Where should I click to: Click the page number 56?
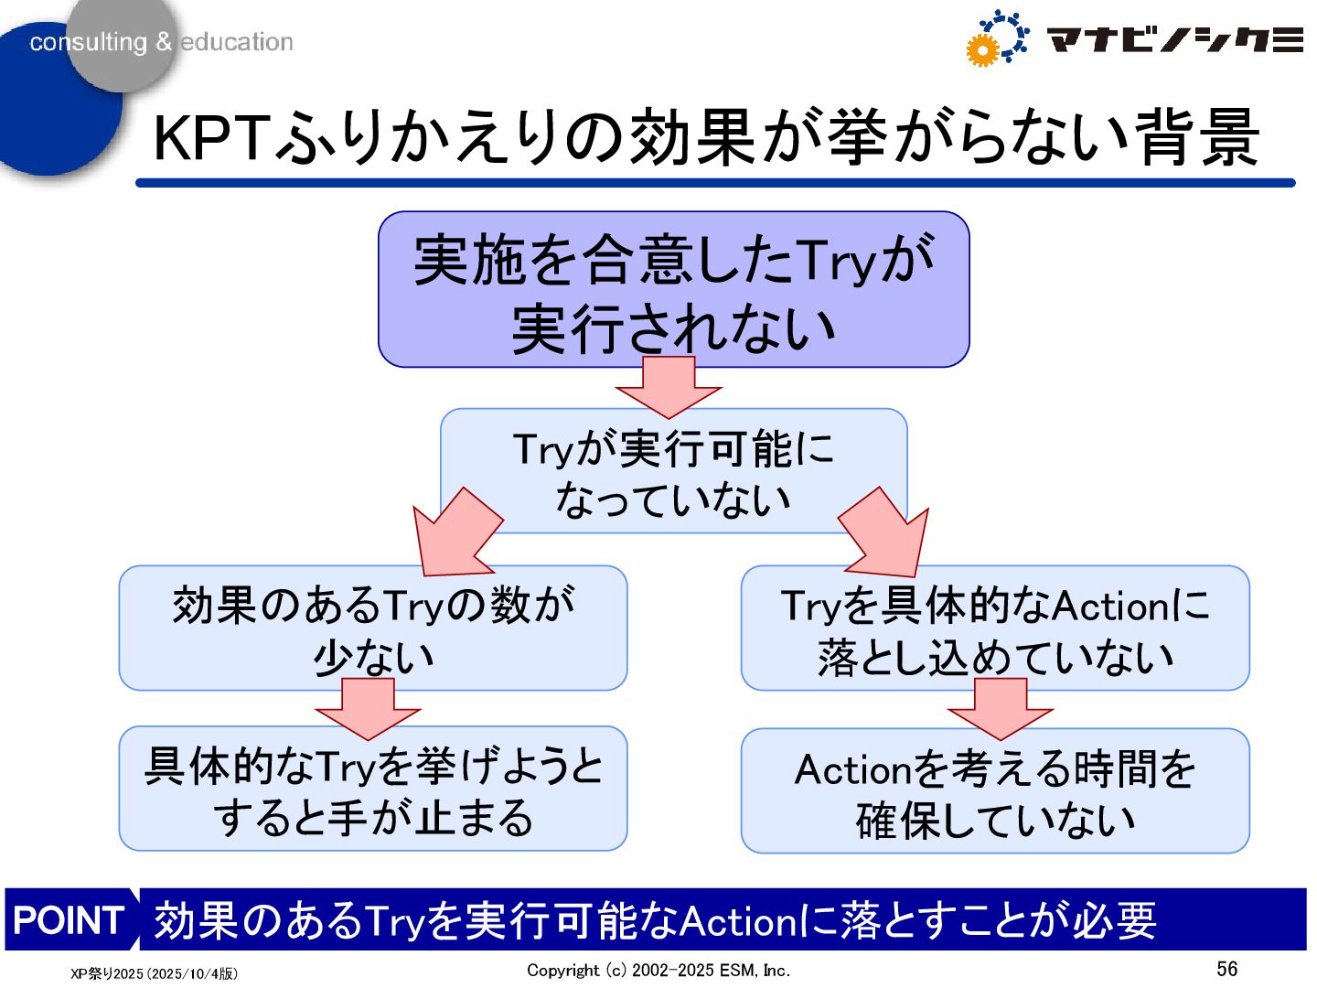pyautogui.click(x=1226, y=968)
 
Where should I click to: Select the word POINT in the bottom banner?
pyautogui.click(x=69, y=919)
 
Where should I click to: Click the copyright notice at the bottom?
pyautogui.click(x=658, y=970)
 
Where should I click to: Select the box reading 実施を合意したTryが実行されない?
pyautogui.click(x=673, y=288)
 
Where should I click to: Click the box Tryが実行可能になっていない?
pyautogui.click(x=673, y=472)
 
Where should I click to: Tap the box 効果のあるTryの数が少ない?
pyautogui.click(x=372, y=628)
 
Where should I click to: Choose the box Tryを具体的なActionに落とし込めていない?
pyautogui.click(x=995, y=628)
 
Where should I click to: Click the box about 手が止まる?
pyautogui.click(x=372, y=789)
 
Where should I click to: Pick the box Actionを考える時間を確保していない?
pyautogui.click(x=995, y=791)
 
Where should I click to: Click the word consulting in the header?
pyautogui.click(x=88, y=42)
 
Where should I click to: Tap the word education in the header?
pyautogui.click(x=237, y=42)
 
